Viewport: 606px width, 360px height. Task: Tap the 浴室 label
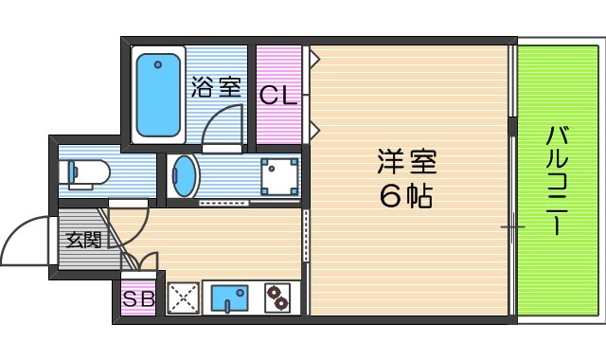tap(216, 88)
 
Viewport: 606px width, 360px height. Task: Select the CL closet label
tap(279, 96)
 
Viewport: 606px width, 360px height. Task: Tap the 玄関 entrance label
tap(83, 240)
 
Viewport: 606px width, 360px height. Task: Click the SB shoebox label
tap(139, 299)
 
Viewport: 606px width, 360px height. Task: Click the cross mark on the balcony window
tap(512, 226)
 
